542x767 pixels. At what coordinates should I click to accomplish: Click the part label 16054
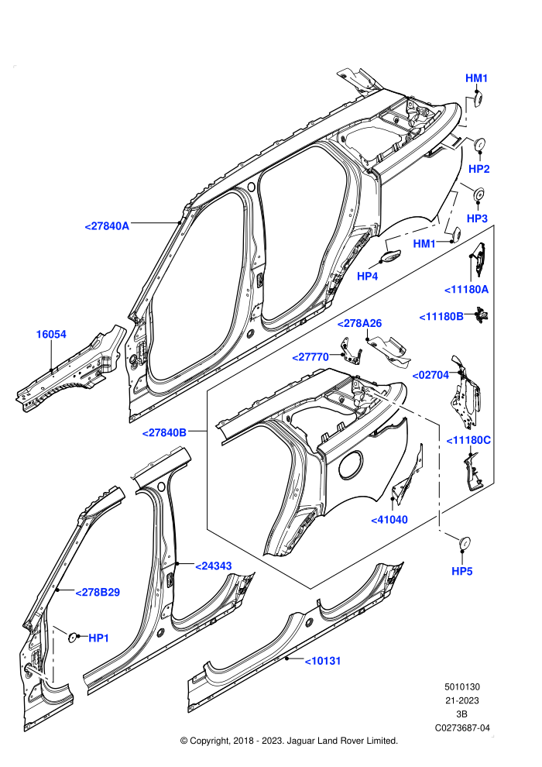click(51, 335)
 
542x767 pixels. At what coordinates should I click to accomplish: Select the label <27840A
click(107, 226)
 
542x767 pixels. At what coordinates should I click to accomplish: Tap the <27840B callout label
click(164, 432)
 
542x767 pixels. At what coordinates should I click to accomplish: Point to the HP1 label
click(99, 638)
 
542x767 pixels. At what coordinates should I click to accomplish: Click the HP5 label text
click(461, 571)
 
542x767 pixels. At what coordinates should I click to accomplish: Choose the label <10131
click(323, 661)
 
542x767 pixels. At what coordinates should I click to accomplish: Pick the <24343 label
click(214, 566)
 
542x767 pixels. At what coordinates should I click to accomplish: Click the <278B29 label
click(98, 593)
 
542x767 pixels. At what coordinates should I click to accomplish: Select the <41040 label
click(389, 520)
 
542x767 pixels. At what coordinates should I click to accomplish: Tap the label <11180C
click(468, 440)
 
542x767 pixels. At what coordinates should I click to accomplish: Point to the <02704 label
click(431, 375)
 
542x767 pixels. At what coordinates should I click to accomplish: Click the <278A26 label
click(360, 323)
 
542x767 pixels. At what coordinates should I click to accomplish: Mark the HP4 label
click(368, 277)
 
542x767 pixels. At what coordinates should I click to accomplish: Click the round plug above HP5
click(464, 543)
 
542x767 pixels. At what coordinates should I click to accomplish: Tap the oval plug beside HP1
click(72, 636)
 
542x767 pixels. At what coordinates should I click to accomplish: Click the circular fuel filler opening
click(351, 464)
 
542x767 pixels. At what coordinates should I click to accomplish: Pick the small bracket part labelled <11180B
click(482, 314)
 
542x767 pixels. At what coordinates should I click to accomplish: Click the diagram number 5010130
click(461, 686)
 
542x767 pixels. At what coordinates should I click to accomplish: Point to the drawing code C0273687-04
click(462, 727)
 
